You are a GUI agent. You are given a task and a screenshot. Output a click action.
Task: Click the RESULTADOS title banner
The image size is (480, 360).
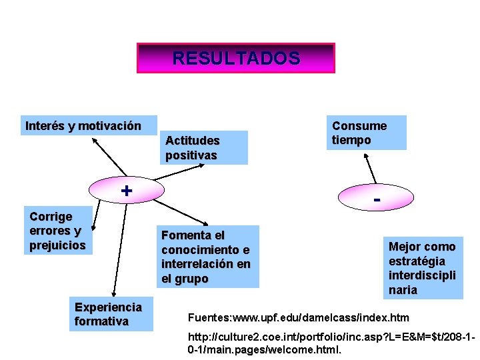(236, 58)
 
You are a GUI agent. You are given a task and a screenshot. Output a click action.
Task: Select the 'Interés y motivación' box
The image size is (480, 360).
(83, 126)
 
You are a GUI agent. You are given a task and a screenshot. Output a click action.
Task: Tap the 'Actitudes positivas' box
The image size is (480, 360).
(206, 147)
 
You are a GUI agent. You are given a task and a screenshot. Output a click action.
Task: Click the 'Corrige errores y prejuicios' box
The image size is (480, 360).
(59, 231)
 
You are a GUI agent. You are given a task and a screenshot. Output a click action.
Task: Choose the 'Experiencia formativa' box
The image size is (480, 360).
(114, 315)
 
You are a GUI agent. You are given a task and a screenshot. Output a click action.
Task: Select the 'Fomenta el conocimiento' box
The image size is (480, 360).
(208, 257)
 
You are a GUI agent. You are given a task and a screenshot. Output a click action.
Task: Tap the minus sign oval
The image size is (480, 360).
(377, 199)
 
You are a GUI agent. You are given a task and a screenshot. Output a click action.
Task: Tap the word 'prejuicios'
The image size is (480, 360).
(58, 245)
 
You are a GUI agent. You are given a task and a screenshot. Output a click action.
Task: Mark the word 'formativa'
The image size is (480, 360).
(102, 322)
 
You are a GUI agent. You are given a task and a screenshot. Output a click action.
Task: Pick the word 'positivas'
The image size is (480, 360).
(191, 155)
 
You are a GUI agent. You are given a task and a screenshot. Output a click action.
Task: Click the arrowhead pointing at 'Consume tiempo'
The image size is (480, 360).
(365, 155)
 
